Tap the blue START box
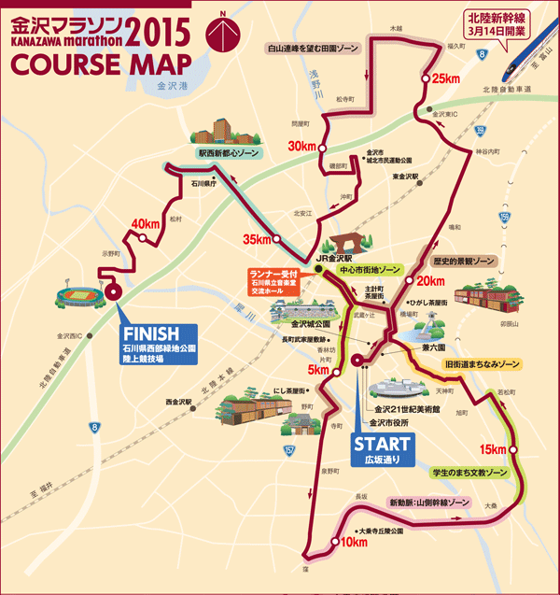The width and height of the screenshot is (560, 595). click(x=380, y=447)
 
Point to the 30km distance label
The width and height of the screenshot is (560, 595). click(x=302, y=147)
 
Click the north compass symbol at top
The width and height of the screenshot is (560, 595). click(x=220, y=34)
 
